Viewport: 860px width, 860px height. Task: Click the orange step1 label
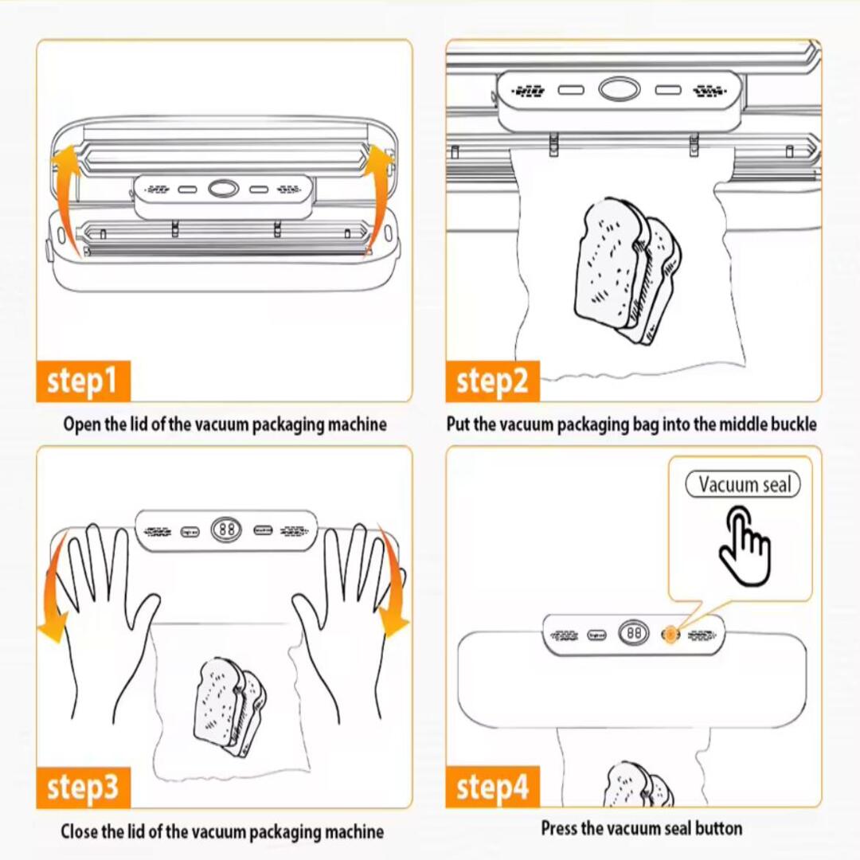pyautogui.click(x=83, y=381)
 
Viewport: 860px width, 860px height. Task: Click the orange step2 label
pyautogui.click(x=492, y=381)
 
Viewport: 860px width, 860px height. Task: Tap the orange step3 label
pyautogui.click(x=83, y=788)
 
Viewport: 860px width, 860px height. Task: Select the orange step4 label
pyautogui.click(x=492, y=788)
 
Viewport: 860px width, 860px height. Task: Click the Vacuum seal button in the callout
pyautogui.click(x=743, y=484)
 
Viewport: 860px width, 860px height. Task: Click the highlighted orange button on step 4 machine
pyautogui.click(x=670, y=634)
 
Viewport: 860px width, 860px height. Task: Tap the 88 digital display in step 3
pyautogui.click(x=226, y=529)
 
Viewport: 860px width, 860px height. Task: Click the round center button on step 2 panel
pyautogui.click(x=619, y=89)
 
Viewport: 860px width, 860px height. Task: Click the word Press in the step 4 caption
pyautogui.click(x=560, y=828)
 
